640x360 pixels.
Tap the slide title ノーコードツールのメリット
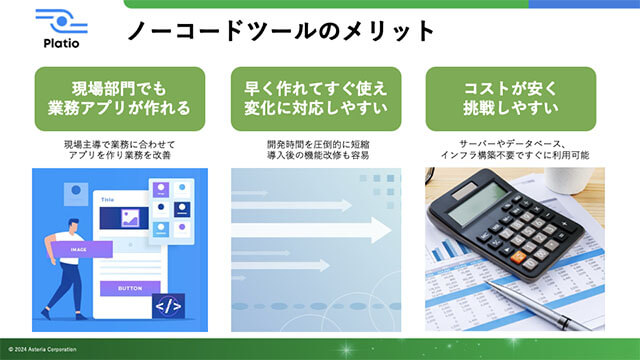[281, 31]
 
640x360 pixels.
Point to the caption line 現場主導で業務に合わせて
[119, 144]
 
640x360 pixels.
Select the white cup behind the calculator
[580, 180]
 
